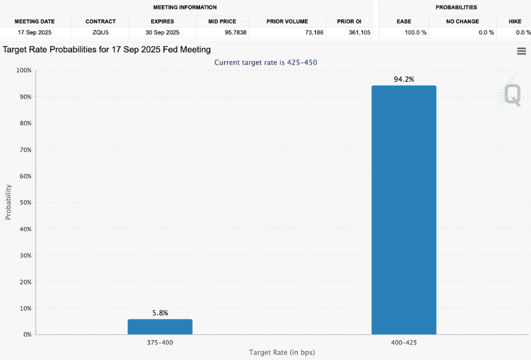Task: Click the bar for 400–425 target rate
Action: [404, 209]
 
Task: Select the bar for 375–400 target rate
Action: [160, 326]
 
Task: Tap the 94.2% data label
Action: [404, 79]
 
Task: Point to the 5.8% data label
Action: [160, 313]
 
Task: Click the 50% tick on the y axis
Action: [24, 203]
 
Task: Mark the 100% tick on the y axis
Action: [23, 70]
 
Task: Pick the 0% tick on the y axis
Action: [26, 335]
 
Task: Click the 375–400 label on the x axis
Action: [160, 343]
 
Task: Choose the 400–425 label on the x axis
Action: [404, 343]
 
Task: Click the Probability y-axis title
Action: [9, 202]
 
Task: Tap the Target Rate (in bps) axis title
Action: [282, 353]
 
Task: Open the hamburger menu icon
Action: [521, 51]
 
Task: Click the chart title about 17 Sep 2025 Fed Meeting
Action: [106, 49]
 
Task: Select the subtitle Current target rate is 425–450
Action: [265, 62]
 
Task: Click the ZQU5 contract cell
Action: [100, 32]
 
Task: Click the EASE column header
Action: [404, 21]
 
